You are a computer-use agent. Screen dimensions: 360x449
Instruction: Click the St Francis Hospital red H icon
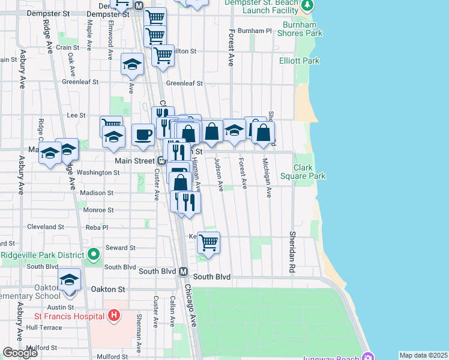115,316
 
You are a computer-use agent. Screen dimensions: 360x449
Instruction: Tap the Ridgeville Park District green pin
93,256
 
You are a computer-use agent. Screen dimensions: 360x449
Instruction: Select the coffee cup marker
143,134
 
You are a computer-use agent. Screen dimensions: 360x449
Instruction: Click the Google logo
20,353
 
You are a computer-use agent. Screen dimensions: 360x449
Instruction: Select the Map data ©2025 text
423,355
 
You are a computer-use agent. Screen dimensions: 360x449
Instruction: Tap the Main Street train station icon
161,161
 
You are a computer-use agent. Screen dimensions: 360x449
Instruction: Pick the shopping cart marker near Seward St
208,242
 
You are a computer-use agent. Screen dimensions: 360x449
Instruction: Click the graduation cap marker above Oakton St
70,279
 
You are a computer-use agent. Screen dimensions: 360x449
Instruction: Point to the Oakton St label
107,289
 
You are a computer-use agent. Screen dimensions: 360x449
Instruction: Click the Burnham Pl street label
255,31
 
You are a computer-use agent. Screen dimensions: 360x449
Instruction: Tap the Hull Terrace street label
44,328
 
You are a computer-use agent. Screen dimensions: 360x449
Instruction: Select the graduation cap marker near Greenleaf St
131,64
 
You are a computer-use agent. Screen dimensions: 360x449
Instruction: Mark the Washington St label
98,173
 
